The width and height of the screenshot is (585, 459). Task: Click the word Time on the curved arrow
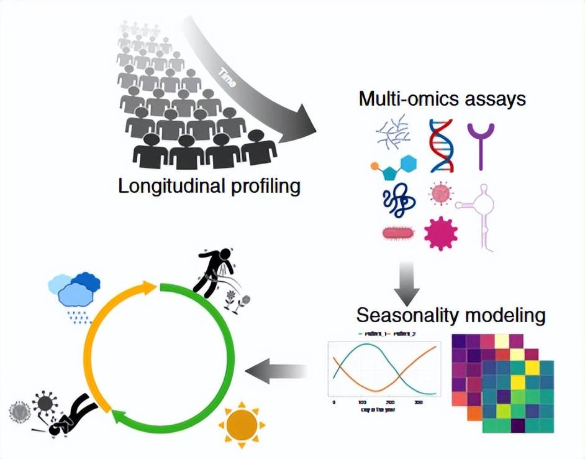pos(227,78)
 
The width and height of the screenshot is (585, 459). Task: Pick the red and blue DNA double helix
pos(442,146)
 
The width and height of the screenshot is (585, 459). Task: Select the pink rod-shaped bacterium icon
pos(398,234)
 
